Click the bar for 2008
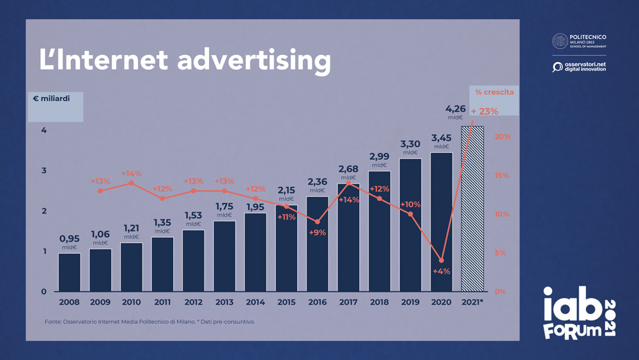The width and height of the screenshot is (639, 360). pos(69,272)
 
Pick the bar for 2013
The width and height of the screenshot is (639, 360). pos(224,256)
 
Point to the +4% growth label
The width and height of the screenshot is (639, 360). pos(441,271)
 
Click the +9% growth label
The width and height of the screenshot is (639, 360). pos(317,233)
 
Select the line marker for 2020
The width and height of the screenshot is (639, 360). pos(442,260)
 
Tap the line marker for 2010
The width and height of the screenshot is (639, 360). pos(131,183)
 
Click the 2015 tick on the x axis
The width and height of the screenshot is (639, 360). pos(286,302)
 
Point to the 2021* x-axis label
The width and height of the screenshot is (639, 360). pos(472,302)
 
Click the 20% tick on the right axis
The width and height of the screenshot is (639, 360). pos(502,137)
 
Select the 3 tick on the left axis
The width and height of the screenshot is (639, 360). pos(44,171)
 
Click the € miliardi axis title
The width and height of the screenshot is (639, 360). pos(52,98)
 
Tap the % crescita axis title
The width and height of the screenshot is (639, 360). pos(494,92)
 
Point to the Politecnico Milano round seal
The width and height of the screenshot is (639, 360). pos(560,41)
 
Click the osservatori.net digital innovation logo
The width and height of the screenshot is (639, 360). pos(579,67)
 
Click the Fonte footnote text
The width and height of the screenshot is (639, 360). pos(150,321)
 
